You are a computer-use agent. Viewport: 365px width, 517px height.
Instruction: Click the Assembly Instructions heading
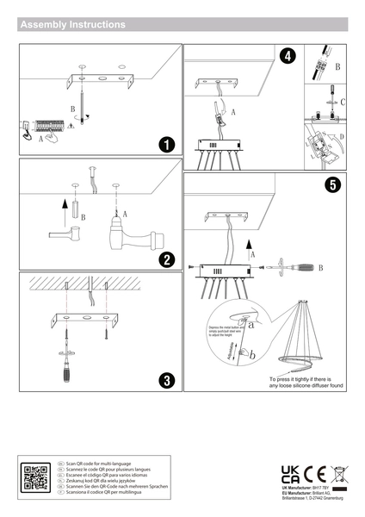point(72,25)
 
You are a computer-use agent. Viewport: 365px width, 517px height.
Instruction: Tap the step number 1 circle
point(167,144)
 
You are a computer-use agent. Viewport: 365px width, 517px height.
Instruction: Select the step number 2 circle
point(167,259)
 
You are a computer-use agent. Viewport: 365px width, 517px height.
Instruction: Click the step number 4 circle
point(288,56)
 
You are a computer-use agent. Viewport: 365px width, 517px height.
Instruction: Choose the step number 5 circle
point(331,184)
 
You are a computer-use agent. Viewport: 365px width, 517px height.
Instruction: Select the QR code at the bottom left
point(35,478)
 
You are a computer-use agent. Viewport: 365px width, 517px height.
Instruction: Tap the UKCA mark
point(289,473)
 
